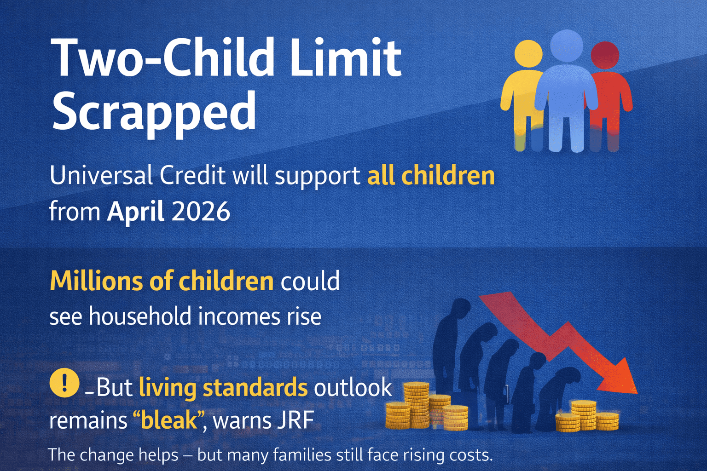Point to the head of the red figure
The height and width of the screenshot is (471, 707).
(x=604, y=55)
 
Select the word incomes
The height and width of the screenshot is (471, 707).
(x=239, y=317)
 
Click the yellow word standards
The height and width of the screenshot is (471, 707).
(x=255, y=387)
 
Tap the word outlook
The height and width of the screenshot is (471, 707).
(x=353, y=387)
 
